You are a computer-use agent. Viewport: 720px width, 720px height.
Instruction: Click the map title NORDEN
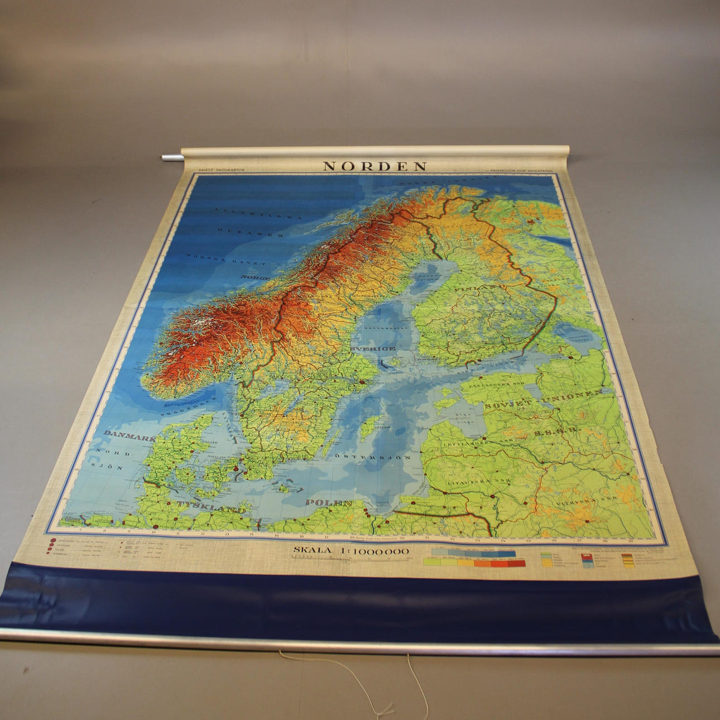pos(375,166)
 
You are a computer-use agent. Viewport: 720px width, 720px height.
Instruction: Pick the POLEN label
pos(329,503)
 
